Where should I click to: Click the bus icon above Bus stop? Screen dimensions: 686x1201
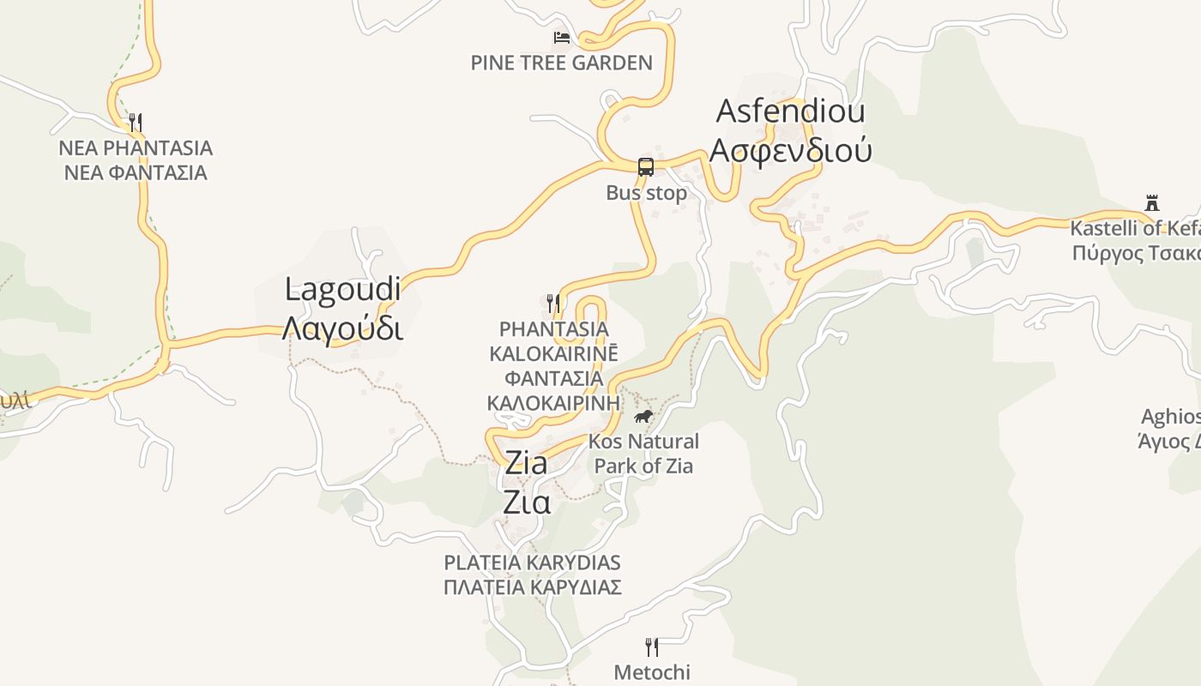point(646,167)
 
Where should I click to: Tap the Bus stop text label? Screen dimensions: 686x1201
point(646,193)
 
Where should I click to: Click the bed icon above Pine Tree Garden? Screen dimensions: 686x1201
point(562,37)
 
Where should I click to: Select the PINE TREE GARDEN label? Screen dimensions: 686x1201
point(561,63)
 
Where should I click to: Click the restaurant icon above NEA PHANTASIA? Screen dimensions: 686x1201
point(135,122)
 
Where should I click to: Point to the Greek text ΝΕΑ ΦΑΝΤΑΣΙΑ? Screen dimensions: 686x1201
point(136,172)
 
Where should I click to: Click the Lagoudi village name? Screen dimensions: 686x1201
point(342,289)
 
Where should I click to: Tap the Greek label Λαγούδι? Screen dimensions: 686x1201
point(342,328)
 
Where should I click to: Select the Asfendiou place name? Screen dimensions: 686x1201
point(790,111)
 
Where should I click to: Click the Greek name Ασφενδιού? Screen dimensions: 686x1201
point(790,149)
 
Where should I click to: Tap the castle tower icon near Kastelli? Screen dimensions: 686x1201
point(1152,203)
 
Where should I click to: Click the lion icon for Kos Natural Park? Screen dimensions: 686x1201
point(643,417)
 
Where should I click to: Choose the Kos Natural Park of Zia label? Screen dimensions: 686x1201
point(643,454)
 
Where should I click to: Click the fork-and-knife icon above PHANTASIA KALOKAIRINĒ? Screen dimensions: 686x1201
point(553,303)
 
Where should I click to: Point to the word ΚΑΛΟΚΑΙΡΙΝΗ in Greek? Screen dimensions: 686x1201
point(553,402)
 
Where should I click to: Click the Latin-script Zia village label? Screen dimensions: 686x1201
point(526,463)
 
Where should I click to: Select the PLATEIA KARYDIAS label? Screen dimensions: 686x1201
point(532,563)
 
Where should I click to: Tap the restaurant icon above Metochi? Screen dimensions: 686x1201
point(652,647)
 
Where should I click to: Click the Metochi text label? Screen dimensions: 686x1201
point(652,672)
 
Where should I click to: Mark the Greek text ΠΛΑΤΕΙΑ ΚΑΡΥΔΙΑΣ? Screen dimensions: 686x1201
point(532,587)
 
